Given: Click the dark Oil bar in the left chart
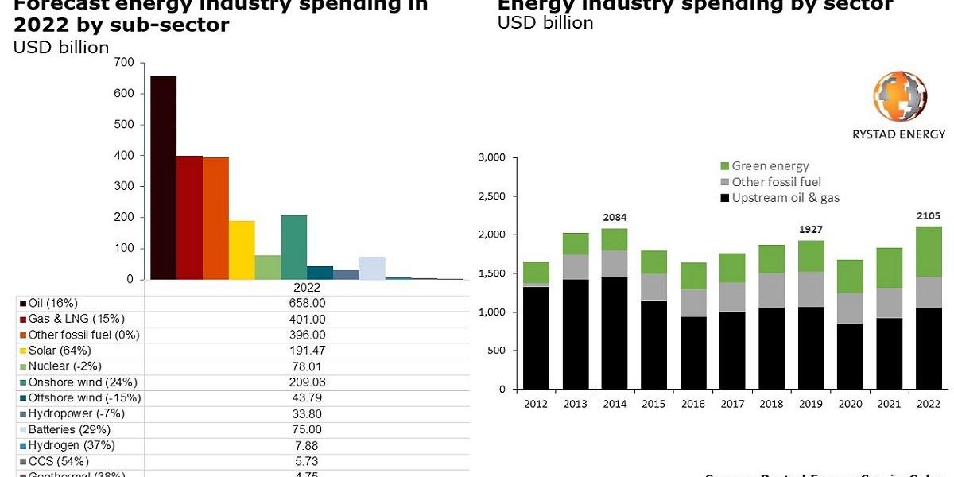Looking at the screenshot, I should click(163, 178).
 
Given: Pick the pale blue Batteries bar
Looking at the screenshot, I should click(372, 268).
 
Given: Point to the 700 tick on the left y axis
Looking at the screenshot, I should click(124, 62).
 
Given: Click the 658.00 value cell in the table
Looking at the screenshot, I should click(307, 303).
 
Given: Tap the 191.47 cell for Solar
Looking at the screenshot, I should click(307, 351).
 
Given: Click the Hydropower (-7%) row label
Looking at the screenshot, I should click(76, 413).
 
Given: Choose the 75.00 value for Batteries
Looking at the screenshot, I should click(307, 429).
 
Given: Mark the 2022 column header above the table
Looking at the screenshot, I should click(307, 288).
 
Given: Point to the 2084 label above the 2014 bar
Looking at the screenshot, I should click(614, 217).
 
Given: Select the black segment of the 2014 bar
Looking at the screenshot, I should click(614, 333).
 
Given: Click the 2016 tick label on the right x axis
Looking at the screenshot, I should click(692, 403).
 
